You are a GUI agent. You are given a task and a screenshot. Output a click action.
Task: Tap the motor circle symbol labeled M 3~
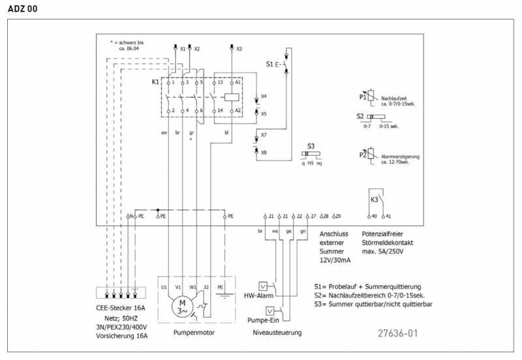[183, 306]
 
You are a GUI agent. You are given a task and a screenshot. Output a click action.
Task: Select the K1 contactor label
[155, 82]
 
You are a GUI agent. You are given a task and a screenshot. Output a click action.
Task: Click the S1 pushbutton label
[269, 64]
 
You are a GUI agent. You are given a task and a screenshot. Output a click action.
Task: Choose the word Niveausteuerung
[277, 333]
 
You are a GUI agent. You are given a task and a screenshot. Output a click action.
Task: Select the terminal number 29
[337, 216]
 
